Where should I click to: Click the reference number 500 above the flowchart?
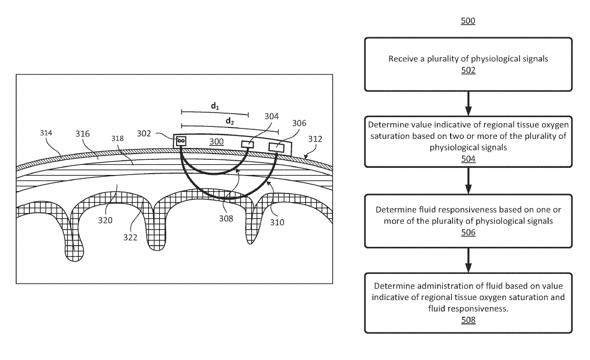(468, 21)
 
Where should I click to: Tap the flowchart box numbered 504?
(468, 141)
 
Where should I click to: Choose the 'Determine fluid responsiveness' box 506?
(468, 220)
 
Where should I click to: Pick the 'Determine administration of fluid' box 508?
(468, 302)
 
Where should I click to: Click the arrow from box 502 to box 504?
(468, 103)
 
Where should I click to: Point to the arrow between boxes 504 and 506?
(468, 180)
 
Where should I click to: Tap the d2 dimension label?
(230, 121)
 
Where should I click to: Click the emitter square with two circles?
(181, 141)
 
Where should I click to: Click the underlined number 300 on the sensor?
(216, 142)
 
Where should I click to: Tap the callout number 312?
(315, 139)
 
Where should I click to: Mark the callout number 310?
(278, 221)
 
